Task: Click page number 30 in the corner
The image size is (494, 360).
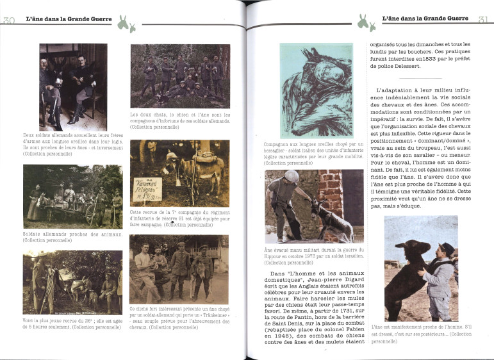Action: click(x=8, y=20)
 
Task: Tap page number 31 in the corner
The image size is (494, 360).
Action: click(x=484, y=20)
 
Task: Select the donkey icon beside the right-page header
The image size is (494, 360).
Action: click(x=367, y=23)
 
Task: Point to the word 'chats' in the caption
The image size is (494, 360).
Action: click(x=162, y=115)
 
